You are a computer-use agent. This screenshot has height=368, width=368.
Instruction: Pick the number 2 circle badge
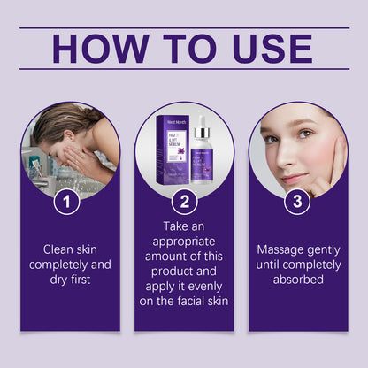coord(184,203)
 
